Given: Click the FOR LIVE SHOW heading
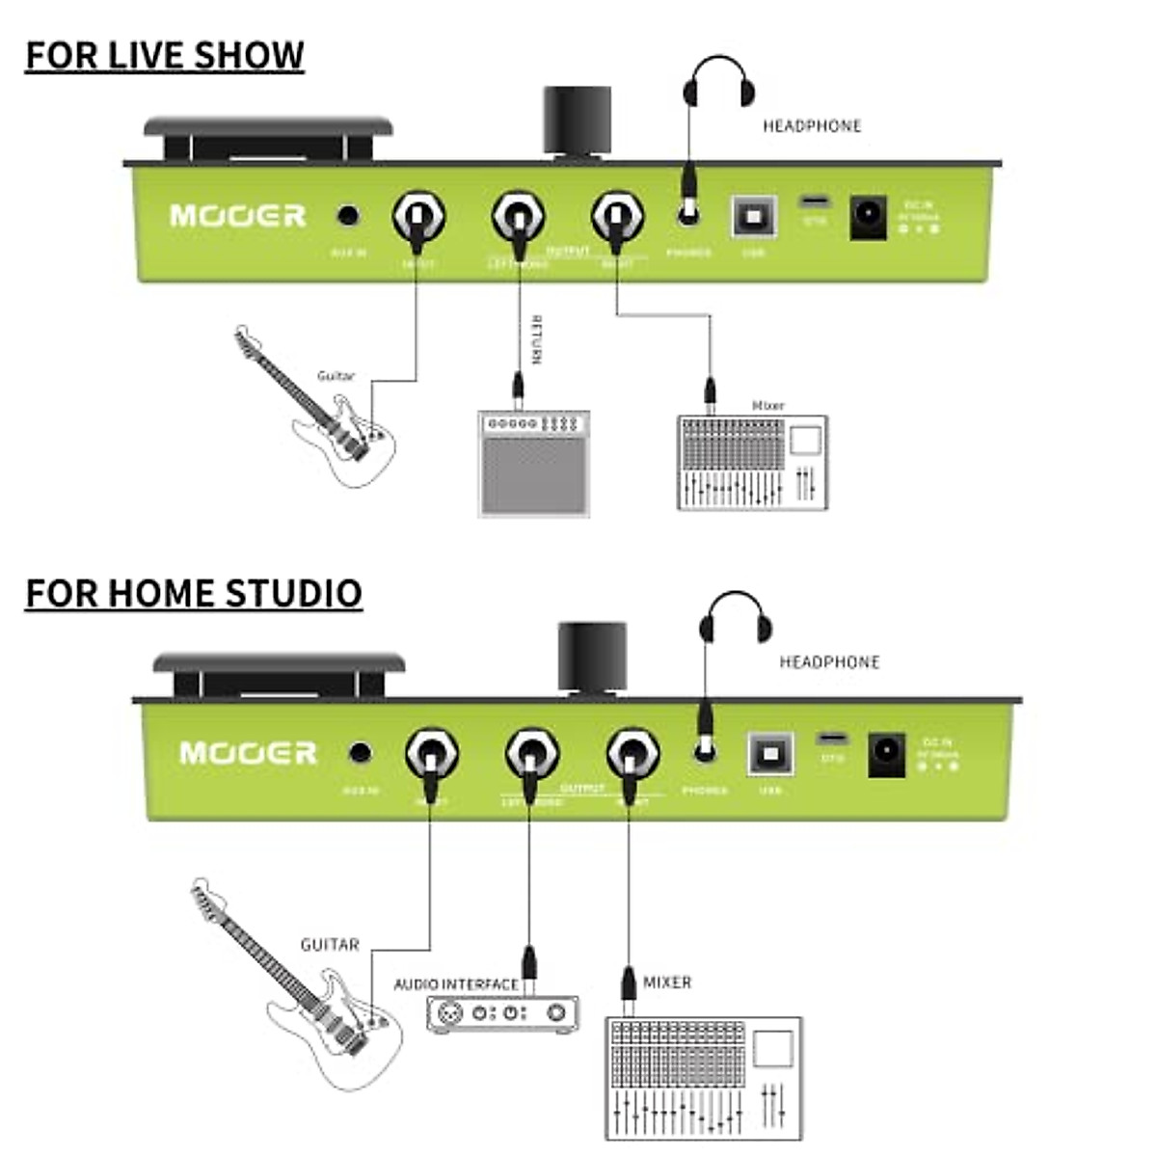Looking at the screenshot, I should click(x=164, y=56).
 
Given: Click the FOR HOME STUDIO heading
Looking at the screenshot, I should click(x=193, y=593).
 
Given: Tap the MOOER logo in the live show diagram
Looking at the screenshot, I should click(x=237, y=215).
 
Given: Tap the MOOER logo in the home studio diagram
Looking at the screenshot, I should click(x=248, y=752).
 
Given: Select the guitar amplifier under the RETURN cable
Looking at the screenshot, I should click(x=534, y=463).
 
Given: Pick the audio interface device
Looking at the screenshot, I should click(x=502, y=1013).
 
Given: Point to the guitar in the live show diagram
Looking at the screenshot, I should click(x=318, y=410).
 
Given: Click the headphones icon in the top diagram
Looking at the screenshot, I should click(x=718, y=82).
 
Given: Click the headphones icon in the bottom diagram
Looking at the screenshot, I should click(x=736, y=617).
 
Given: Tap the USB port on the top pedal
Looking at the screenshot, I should click(x=753, y=216).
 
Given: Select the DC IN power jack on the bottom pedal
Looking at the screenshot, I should click(x=886, y=754).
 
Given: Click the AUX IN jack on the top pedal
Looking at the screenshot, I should click(x=348, y=215).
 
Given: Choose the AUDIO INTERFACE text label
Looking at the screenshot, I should click(x=456, y=984).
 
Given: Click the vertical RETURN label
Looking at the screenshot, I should click(x=537, y=340).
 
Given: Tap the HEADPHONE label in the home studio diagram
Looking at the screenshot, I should click(x=829, y=662).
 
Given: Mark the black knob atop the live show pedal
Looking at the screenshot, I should click(x=577, y=121).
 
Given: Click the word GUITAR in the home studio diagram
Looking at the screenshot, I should click(x=330, y=945).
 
